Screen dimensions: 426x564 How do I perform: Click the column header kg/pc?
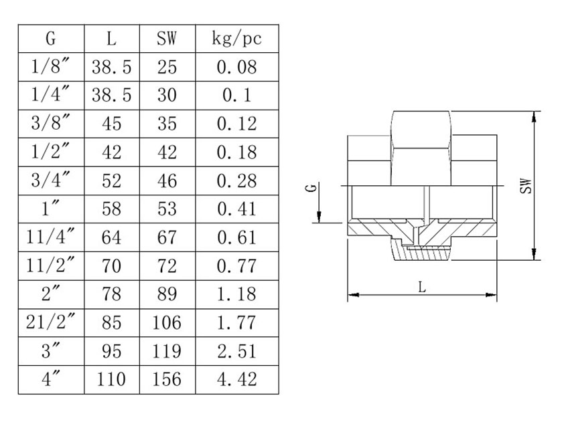tap(236, 39)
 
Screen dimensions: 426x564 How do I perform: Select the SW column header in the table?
tap(167, 39)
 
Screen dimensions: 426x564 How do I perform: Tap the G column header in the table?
tap(51, 39)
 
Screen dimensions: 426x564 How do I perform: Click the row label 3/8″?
tap(51, 124)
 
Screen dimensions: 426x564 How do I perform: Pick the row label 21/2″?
tap(51, 322)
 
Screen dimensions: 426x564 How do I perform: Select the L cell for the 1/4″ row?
tap(111, 96)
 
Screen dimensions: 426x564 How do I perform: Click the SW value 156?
tap(167, 379)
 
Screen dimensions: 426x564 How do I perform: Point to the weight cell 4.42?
tap(236, 379)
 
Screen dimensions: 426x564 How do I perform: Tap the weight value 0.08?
tap(236, 67)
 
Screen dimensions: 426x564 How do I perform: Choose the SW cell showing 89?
tap(167, 294)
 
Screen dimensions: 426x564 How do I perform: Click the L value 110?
tap(111, 379)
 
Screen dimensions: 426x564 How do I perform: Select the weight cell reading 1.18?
tap(236, 294)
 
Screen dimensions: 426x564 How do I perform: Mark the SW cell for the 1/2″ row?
tap(167, 152)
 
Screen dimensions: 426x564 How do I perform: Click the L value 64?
tap(111, 237)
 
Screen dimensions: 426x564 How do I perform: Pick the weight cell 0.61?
tap(236, 237)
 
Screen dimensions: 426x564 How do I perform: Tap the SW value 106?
tap(167, 322)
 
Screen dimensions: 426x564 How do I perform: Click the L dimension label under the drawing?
tap(421, 287)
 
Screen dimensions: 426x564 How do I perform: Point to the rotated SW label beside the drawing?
tap(527, 186)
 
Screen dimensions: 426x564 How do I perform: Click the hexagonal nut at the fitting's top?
tap(421, 147)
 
